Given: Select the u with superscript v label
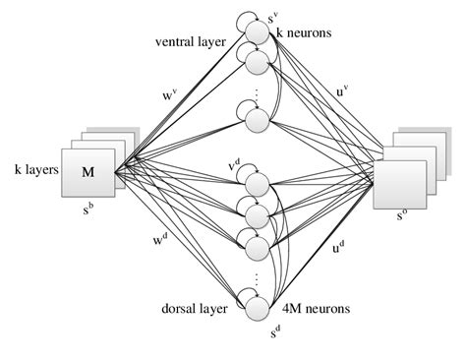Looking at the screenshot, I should (x=341, y=93).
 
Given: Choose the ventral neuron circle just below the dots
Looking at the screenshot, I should (x=258, y=120).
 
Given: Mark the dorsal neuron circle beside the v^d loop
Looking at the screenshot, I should (x=258, y=184).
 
